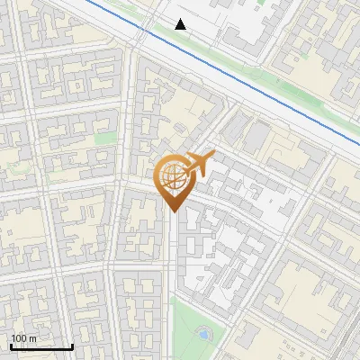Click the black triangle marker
181,24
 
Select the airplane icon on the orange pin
198,165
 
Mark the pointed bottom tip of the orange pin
174,211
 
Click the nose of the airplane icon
212,155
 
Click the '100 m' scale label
23,338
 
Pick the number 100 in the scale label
19,338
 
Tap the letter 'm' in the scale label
32,338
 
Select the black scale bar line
41,346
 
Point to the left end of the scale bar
11,346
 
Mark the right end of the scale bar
72,346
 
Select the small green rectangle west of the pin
107,139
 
